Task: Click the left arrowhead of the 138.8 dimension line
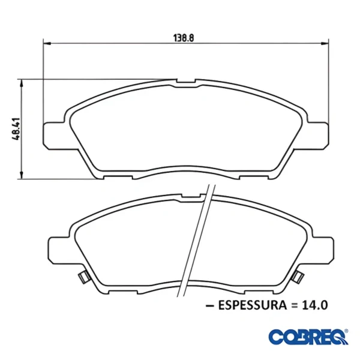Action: point(47,43)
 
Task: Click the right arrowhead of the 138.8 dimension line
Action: point(326,43)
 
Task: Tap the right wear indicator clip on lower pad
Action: point(297,277)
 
